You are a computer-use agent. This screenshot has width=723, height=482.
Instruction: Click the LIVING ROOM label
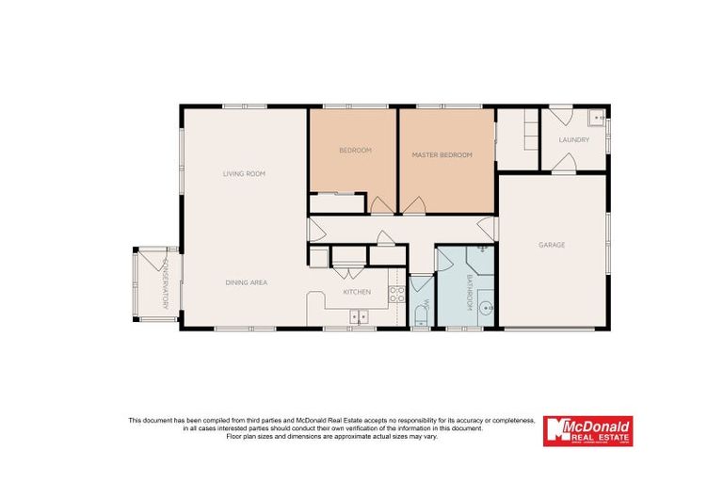244,173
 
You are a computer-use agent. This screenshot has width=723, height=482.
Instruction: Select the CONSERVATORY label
166,283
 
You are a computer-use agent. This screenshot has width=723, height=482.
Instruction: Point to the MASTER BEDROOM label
442,154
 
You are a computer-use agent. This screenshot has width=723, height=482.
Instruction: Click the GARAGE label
552,245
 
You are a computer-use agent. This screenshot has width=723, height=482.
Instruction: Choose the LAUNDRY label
573,140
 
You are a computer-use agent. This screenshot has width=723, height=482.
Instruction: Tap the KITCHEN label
357,292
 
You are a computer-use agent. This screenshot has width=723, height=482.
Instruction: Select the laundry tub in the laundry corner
597,119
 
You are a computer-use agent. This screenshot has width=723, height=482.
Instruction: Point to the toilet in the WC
420,316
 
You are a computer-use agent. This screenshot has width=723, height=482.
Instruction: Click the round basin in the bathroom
485,307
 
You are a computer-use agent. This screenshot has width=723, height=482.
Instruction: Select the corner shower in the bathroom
480,257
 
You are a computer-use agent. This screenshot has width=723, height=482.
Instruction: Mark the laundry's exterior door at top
560,116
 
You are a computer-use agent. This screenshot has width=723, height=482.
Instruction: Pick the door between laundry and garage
564,164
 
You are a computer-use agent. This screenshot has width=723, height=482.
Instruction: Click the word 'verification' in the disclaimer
399,427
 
